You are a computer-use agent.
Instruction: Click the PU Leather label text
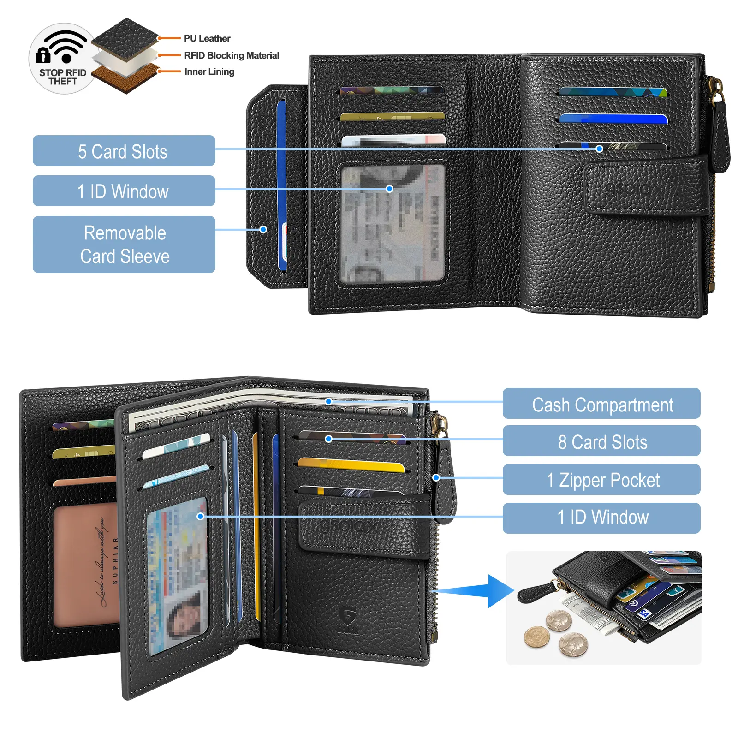coord(207,38)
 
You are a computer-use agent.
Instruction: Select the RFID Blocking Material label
coord(232,55)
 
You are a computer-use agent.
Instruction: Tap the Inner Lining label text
coord(209,71)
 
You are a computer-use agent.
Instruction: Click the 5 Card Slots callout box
coord(124,151)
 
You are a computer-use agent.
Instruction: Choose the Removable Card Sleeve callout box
coord(124,244)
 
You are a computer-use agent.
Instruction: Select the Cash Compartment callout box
coord(601,404)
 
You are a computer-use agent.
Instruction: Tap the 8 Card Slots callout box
coord(601,441)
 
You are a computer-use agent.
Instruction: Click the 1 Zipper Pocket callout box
coord(601,480)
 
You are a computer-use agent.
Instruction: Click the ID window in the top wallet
coord(393,224)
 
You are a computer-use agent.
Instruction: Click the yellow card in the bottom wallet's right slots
coord(351,465)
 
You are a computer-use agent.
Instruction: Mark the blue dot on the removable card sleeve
coord(263,229)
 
